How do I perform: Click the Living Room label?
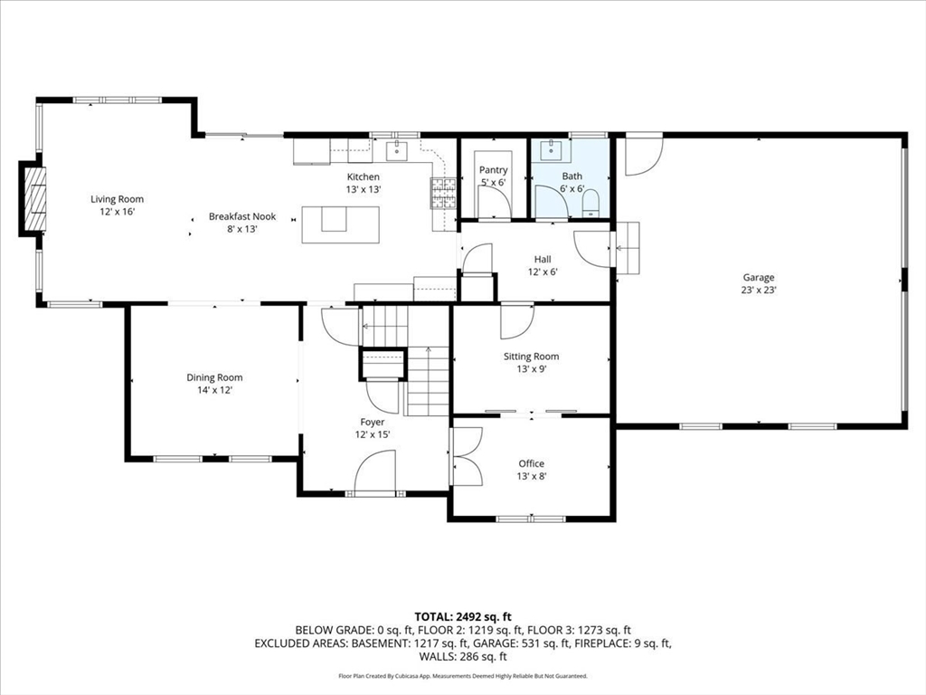coord(117,199)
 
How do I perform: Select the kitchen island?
coord(340,224)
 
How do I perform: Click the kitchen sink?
coord(397,151)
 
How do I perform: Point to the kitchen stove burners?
coord(443,194)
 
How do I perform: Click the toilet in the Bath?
coord(591,204)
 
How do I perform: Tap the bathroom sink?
coord(552,150)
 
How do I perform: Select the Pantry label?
coord(493,169)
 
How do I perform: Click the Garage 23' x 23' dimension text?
coord(759,290)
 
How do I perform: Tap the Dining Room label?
coord(214,377)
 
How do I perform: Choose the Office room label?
coord(532,464)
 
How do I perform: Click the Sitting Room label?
coord(531,357)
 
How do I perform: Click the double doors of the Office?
coord(467,456)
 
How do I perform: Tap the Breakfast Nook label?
coord(242,216)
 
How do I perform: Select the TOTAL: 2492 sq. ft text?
coord(463,617)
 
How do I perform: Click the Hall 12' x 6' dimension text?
coord(543,271)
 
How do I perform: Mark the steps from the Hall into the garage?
coord(628,248)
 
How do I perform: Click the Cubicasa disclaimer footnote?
coord(463,675)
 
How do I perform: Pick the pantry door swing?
coord(495,202)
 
